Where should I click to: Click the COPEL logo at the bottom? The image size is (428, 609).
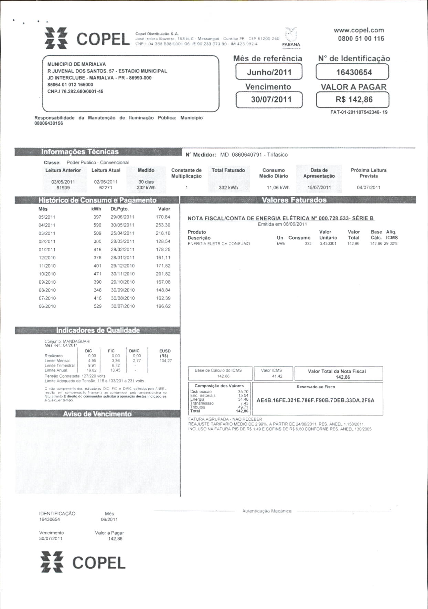(x=83, y=563)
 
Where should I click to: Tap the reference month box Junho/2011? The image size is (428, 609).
(x=269, y=72)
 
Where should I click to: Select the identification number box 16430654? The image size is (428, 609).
(x=352, y=72)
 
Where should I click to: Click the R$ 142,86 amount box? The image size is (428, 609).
(x=352, y=100)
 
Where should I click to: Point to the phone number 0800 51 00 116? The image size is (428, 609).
(x=361, y=39)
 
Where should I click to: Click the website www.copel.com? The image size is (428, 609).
(x=359, y=30)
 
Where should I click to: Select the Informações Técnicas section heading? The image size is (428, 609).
(x=80, y=152)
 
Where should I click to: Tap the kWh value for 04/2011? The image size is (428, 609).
(x=97, y=225)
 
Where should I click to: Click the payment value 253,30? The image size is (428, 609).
(x=163, y=225)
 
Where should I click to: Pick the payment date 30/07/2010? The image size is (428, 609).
(x=123, y=306)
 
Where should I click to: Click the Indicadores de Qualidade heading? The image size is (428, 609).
(x=98, y=330)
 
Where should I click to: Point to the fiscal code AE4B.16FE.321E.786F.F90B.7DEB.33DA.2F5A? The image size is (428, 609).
(x=315, y=400)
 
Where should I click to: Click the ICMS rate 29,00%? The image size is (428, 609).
(x=391, y=244)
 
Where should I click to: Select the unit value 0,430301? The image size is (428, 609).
(x=328, y=244)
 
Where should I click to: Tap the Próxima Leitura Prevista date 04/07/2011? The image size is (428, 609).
(x=368, y=188)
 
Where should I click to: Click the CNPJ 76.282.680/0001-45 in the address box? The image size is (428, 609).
(x=75, y=92)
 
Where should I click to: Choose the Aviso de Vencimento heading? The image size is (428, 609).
(x=97, y=414)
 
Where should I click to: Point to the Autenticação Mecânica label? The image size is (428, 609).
(x=267, y=511)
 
